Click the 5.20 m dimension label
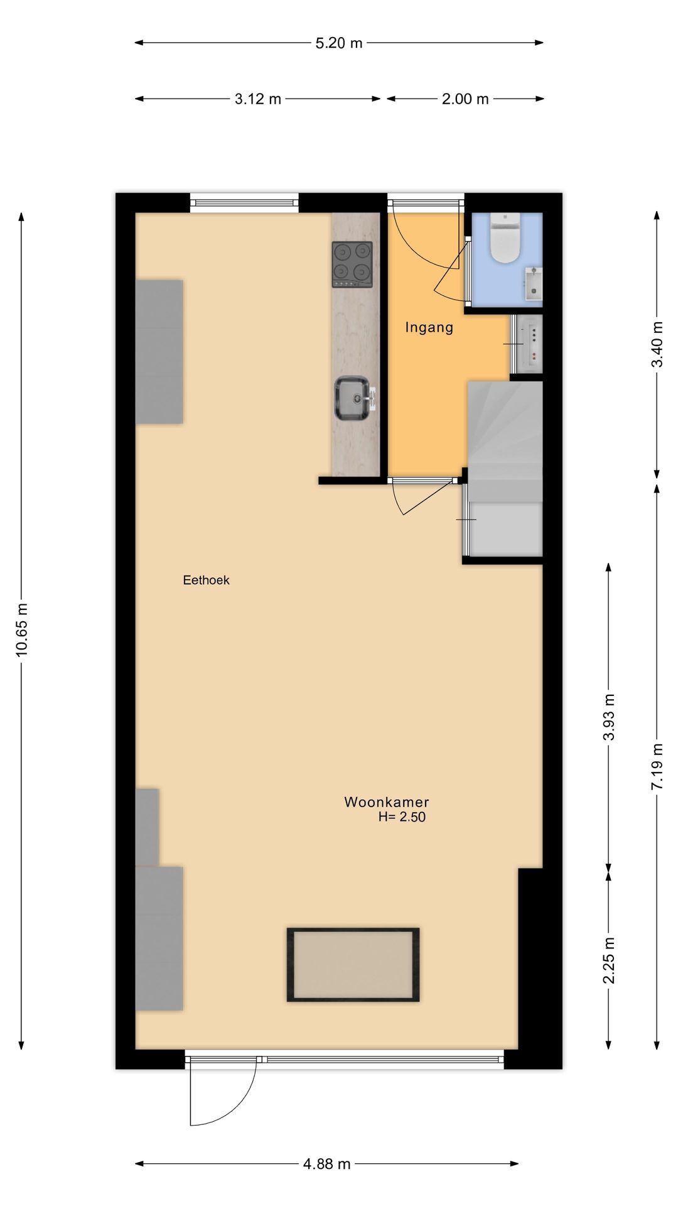339,43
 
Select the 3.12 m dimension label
258,99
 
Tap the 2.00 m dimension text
465,99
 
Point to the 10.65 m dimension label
22,630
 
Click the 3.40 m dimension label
657,345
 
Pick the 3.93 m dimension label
608,717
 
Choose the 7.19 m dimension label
657,766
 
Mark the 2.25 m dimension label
608,960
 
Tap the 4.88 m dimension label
327,1164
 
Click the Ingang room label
429,327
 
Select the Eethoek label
206,580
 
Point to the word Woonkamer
387,802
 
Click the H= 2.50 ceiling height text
402,817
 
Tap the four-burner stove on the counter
352,264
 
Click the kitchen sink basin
353,398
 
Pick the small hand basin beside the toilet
533,283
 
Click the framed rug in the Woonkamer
353,965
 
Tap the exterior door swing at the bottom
223,1092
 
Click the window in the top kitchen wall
244,202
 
